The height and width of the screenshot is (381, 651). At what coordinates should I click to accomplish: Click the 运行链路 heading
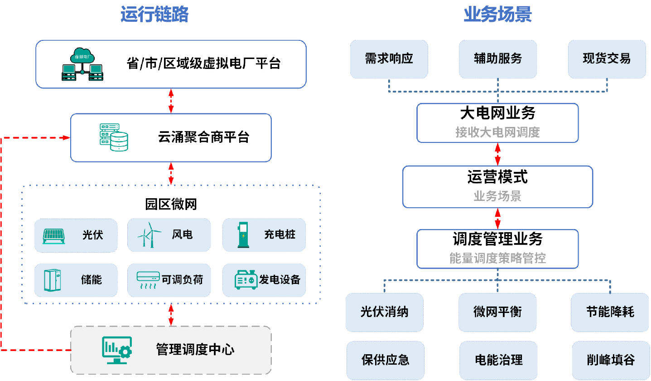[154, 15]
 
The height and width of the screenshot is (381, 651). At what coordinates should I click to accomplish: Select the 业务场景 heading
[497, 15]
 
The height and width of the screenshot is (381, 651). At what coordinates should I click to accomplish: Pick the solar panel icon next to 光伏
[54, 235]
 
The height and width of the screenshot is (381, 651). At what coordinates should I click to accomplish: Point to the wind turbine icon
[149, 235]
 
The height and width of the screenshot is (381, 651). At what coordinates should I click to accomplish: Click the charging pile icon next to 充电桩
[244, 235]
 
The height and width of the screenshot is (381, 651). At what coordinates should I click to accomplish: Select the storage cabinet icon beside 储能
[53, 280]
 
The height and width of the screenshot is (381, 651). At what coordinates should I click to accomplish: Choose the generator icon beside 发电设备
[246, 280]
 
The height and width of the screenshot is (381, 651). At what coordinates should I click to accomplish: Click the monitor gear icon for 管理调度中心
[117, 350]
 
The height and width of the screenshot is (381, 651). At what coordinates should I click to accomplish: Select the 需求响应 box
[389, 59]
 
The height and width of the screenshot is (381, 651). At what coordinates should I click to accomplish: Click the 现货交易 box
[606, 59]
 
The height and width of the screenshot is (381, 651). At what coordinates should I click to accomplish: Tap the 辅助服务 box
[497, 59]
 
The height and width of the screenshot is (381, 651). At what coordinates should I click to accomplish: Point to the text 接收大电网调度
[497, 132]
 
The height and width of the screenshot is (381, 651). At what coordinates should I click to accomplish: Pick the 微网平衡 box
[497, 312]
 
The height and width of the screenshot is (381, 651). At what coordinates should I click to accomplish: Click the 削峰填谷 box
[610, 360]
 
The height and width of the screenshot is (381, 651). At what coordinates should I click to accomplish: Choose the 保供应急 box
[385, 360]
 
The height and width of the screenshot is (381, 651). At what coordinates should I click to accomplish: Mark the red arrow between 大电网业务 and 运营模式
[497, 154]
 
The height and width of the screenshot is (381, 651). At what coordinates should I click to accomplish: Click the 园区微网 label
[171, 205]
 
